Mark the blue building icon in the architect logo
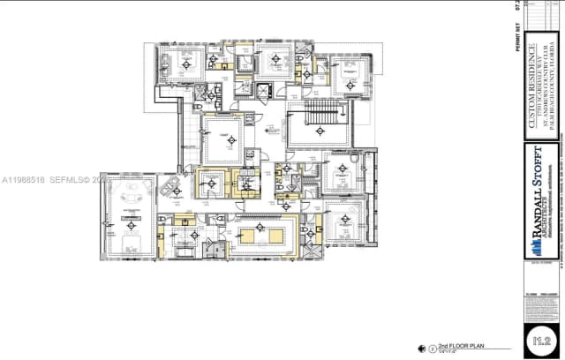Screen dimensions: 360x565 click(x=535, y=267)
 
